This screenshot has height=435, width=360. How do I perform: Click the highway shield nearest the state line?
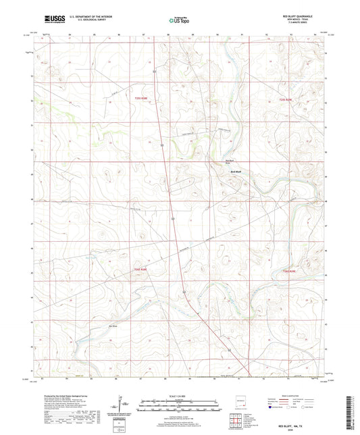[230, 350]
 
